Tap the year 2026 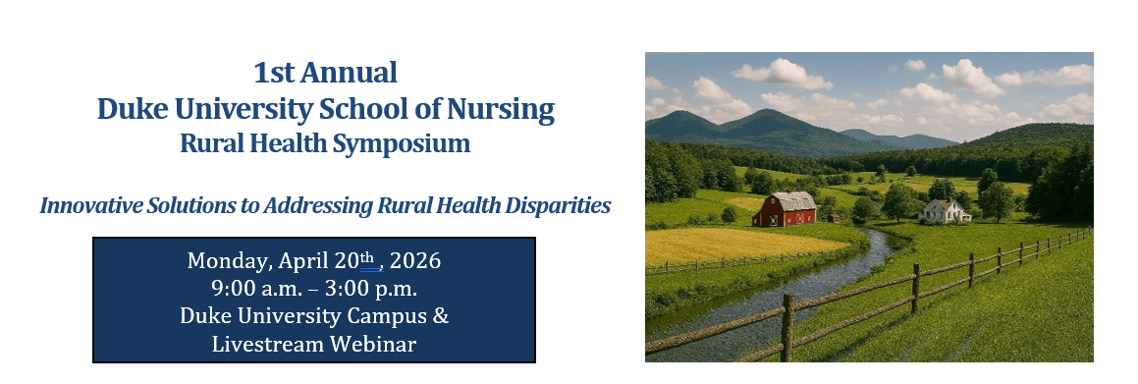[415, 262]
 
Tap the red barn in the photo [785, 209]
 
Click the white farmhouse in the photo [944, 210]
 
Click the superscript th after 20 [368, 258]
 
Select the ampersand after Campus [441, 316]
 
